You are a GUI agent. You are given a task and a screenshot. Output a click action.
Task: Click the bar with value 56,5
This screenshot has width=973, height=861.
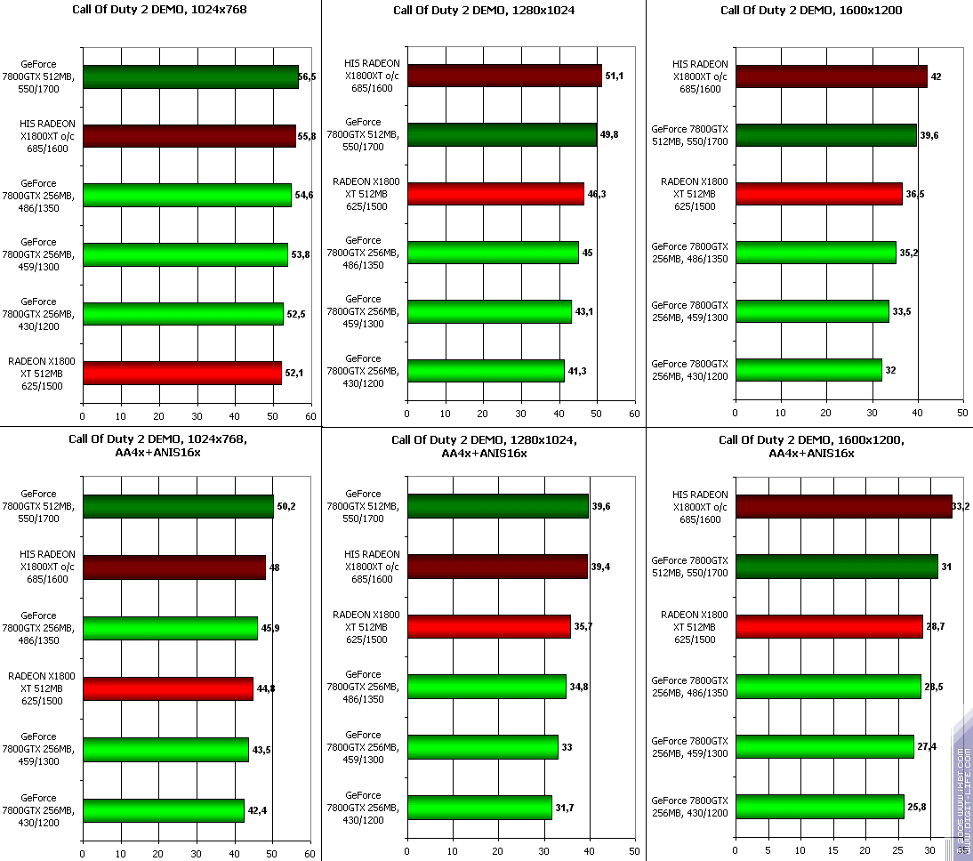[190, 76]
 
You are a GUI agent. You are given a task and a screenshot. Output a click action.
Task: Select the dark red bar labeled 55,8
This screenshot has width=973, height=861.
[189, 135]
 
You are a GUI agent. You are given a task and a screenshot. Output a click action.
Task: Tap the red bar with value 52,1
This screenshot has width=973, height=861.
[181, 373]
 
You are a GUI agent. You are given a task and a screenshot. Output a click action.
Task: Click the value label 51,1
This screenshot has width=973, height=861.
[614, 76]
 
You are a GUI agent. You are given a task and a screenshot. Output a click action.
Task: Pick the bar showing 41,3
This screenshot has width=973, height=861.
[486, 370]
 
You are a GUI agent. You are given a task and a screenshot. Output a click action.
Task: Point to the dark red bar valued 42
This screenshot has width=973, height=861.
[831, 76]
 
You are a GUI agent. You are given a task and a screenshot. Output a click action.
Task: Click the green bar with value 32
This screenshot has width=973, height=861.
[808, 369]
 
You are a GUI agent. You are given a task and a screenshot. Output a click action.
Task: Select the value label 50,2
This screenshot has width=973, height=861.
[286, 506]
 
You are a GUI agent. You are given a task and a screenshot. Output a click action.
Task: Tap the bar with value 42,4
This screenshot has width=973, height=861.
[163, 810]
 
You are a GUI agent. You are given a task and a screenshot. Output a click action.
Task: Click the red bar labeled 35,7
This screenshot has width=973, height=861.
[488, 626]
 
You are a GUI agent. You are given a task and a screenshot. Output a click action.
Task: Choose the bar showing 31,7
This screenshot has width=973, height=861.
[479, 807]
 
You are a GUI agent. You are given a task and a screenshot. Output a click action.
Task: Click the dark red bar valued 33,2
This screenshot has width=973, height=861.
[843, 507]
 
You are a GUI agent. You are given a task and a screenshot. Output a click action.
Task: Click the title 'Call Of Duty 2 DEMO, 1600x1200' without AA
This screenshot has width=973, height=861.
[811, 11]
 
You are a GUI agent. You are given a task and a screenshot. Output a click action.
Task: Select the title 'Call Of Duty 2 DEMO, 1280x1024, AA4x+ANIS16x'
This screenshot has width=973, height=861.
[485, 447]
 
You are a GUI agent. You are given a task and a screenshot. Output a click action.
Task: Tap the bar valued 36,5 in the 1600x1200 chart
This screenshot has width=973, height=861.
[818, 194]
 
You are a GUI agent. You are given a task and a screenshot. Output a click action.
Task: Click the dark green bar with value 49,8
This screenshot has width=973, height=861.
[502, 134]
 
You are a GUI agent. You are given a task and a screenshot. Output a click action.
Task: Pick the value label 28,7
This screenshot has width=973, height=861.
[937, 627]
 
